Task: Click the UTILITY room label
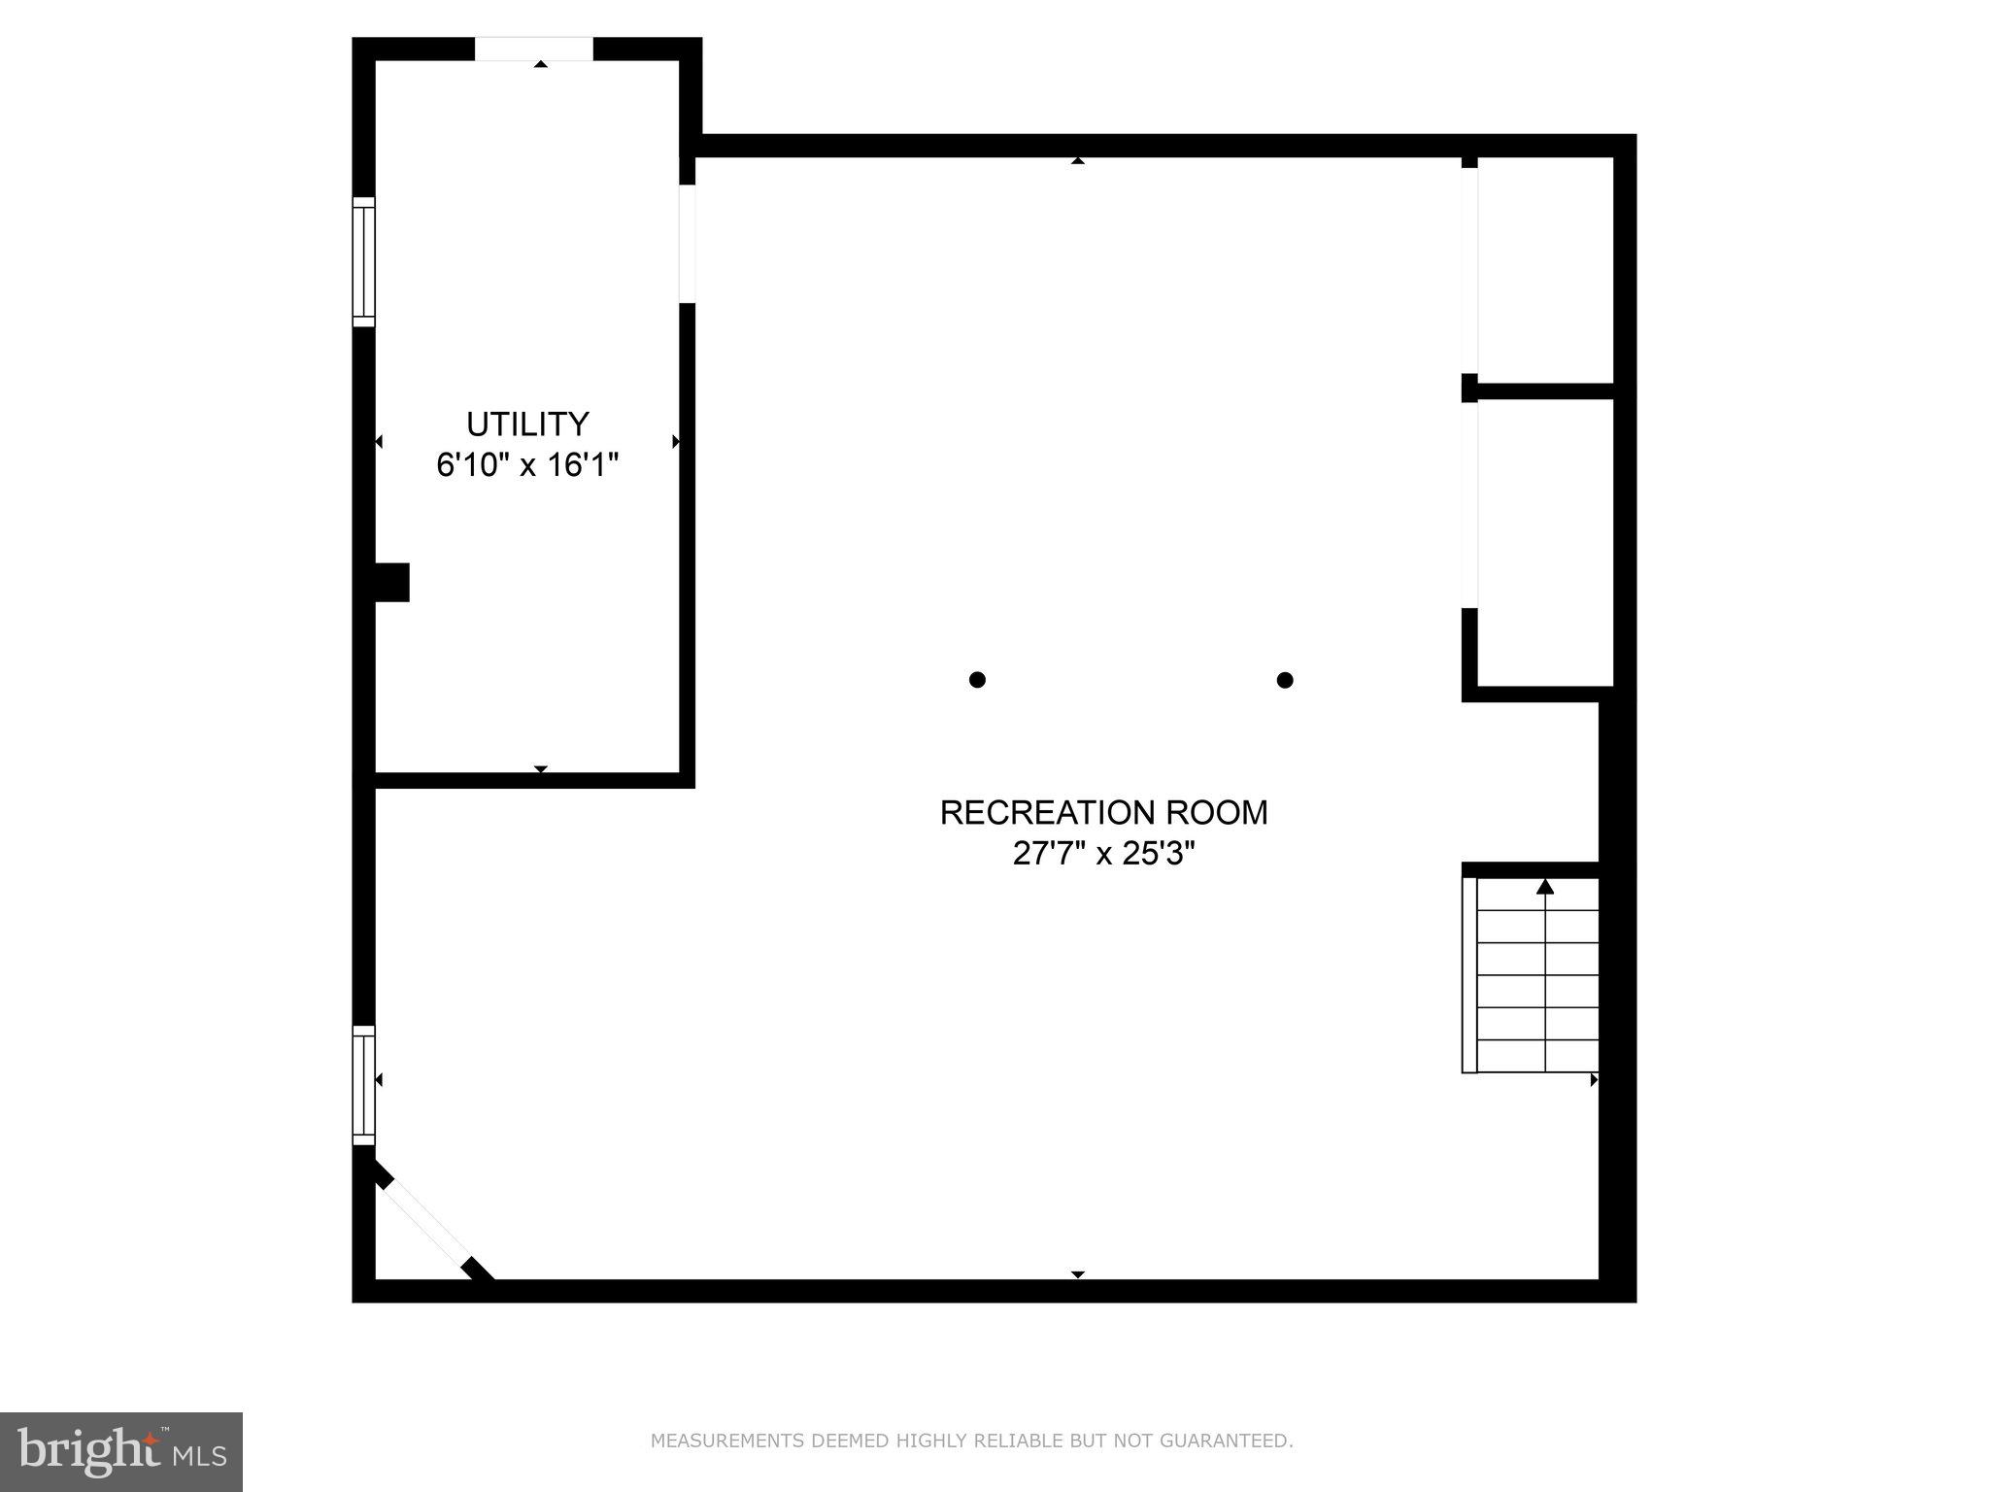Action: pyautogui.click(x=527, y=424)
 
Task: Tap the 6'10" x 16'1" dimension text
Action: pyautogui.click(x=527, y=465)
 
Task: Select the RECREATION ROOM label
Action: pyautogui.click(x=1103, y=812)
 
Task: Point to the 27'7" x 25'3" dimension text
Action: pyautogui.click(x=1103, y=854)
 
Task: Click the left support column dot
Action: pyautogui.click(x=977, y=680)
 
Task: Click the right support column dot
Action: pyautogui.click(x=1284, y=680)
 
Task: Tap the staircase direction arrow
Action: pyautogui.click(x=1545, y=886)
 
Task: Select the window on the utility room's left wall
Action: pyautogui.click(x=363, y=261)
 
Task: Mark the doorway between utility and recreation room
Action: pyautogui.click(x=687, y=244)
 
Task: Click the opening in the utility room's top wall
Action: pyautogui.click(x=533, y=49)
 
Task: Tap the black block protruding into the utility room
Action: pyautogui.click(x=392, y=582)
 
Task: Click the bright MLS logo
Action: pyautogui.click(x=121, y=1451)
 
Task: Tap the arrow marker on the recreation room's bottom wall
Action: pyautogui.click(x=1077, y=1273)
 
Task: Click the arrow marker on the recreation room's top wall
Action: pyautogui.click(x=1077, y=160)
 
